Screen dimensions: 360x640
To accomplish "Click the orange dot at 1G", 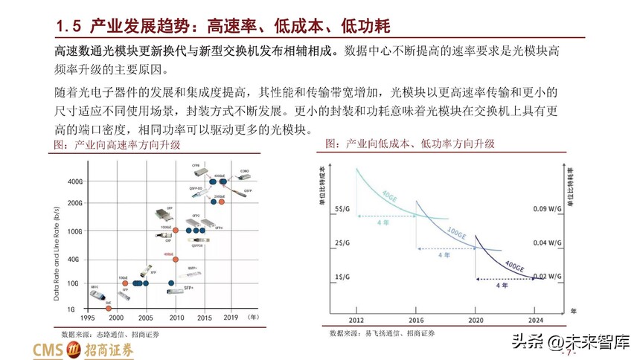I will pyautogui.click(x=109, y=304).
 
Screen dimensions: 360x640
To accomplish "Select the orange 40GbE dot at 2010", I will pyautogui.click(x=175, y=259).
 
